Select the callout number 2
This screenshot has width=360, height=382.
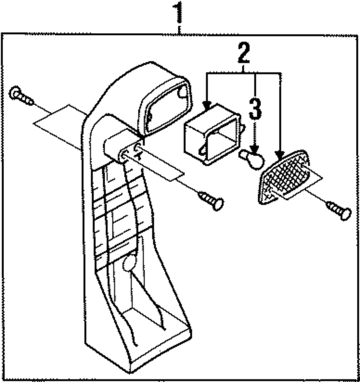coord(244,53)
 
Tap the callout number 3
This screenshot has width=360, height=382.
coord(255,109)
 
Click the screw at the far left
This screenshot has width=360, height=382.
coord(21,97)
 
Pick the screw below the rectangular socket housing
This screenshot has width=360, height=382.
coord(211,201)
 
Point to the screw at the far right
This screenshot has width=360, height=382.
coord(339,211)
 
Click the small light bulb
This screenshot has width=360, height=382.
coord(253,158)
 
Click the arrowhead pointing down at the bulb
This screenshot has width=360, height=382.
coord(255,149)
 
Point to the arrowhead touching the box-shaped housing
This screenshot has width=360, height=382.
coord(207,105)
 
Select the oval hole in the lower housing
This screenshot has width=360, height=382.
coord(129,263)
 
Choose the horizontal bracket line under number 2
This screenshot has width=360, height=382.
coord(244,72)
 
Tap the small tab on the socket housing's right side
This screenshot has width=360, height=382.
coord(243,128)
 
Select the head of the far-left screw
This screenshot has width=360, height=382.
coord(15,93)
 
